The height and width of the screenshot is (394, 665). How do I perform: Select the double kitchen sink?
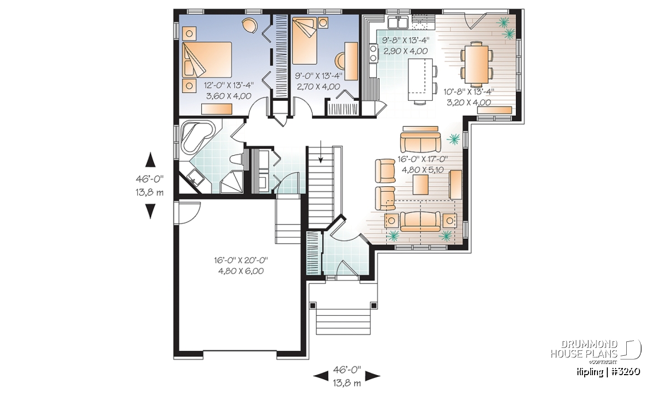point(398,22)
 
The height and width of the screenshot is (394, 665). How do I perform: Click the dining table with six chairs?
point(477,64)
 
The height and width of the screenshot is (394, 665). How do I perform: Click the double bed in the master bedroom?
point(207,60)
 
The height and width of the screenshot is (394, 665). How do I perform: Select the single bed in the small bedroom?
point(304,41)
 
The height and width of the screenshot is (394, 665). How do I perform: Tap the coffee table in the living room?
point(421,184)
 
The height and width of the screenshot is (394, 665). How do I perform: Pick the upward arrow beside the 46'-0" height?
point(150,160)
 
